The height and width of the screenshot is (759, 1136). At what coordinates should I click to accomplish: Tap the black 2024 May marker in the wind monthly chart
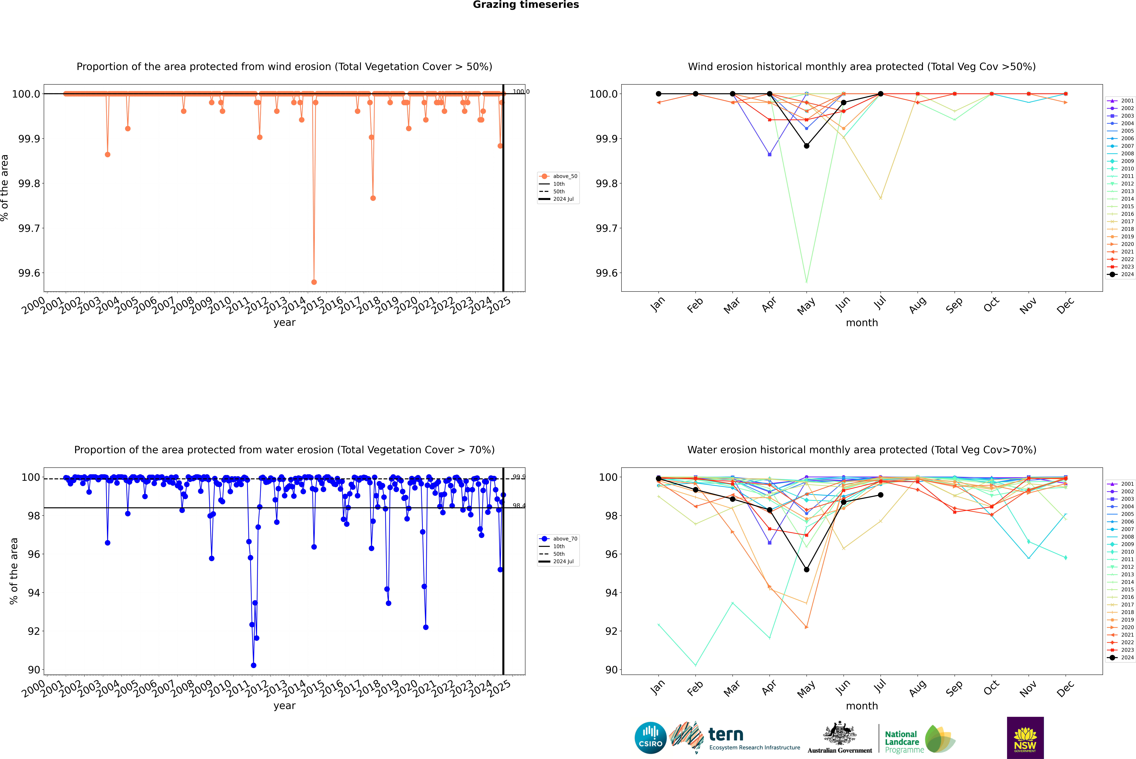(x=806, y=146)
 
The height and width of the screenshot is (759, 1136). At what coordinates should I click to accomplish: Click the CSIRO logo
(x=650, y=738)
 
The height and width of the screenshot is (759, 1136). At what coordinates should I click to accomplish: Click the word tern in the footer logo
(x=725, y=735)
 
